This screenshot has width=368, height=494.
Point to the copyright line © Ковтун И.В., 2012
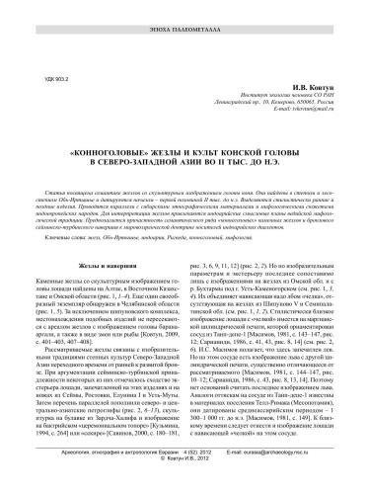184,486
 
